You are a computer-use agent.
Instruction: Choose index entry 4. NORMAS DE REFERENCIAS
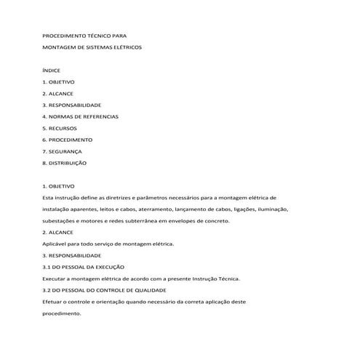81,116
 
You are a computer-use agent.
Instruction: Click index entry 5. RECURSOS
60,128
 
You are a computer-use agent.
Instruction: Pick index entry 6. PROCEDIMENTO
68,140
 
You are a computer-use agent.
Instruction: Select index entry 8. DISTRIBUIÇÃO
65,163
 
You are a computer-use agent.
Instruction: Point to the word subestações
63,220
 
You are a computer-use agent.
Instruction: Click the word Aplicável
57,244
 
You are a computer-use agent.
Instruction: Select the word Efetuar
55,302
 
